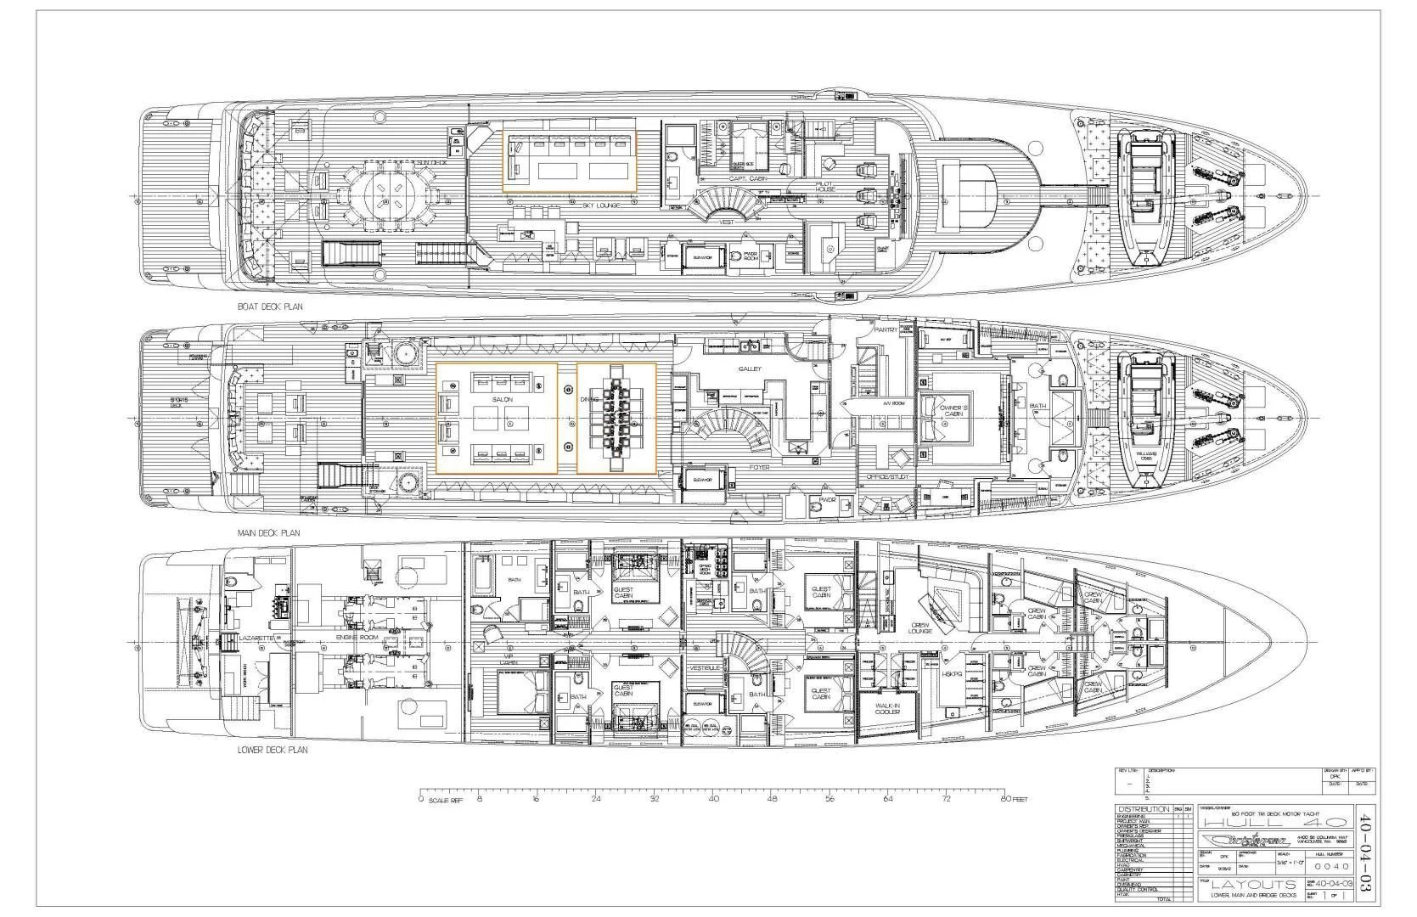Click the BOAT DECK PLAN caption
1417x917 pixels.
(x=270, y=307)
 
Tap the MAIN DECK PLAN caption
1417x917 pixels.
(x=268, y=533)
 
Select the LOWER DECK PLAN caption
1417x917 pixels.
(x=273, y=750)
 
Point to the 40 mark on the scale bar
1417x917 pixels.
(x=713, y=799)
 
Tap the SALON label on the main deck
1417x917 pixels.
(x=502, y=399)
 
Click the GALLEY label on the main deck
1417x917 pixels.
(x=750, y=368)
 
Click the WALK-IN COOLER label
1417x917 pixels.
(x=887, y=707)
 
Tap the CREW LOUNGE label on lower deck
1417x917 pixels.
(x=919, y=627)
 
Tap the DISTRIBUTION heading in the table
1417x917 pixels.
(x=1143, y=808)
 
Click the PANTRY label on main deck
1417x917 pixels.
(x=885, y=329)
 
